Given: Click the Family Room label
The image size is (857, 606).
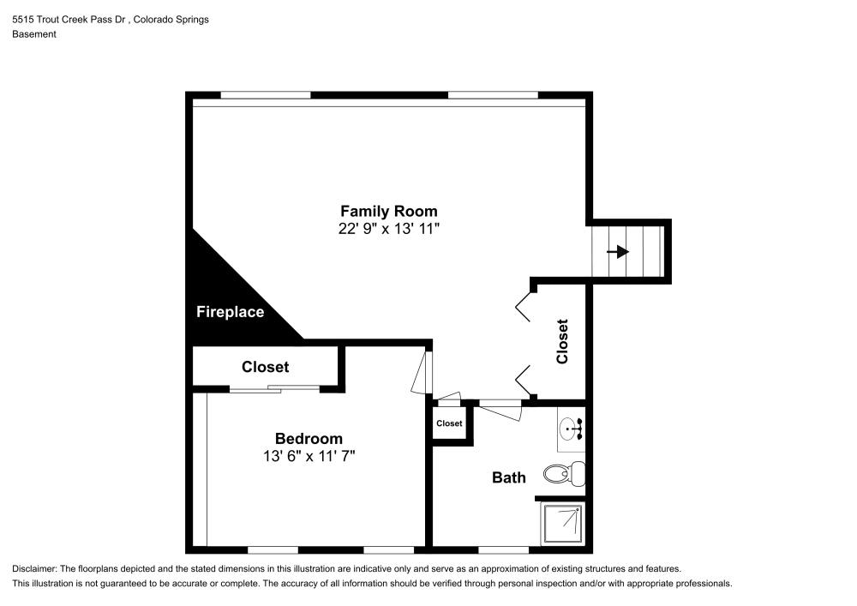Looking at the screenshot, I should pyautogui.click(x=388, y=211).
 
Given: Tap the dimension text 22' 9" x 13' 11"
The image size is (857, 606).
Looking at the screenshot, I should pyautogui.click(x=388, y=229).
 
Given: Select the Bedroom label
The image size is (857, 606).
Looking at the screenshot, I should pyautogui.click(x=309, y=438).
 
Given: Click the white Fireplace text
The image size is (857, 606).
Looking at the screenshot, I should pyautogui.click(x=230, y=312).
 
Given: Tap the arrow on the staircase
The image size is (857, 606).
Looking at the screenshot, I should pyautogui.click(x=617, y=252).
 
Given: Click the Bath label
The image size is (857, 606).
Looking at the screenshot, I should pyautogui.click(x=508, y=477).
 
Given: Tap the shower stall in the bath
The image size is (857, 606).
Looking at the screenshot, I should pyautogui.click(x=562, y=524).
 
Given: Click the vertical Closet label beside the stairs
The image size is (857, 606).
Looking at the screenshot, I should pyautogui.click(x=563, y=341).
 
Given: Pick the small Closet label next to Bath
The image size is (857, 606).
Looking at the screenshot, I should pyautogui.click(x=449, y=423).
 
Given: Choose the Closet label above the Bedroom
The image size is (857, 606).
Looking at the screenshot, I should pyautogui.click(x=265, y=367).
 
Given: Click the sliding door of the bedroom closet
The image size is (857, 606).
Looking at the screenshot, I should pyautogui.click(x=274, y=389).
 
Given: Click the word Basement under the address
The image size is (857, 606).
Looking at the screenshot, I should pyautogui.click(x=34, y=34).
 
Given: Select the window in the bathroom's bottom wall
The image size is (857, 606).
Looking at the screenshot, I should pyautogui.click(x=503, y=549).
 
